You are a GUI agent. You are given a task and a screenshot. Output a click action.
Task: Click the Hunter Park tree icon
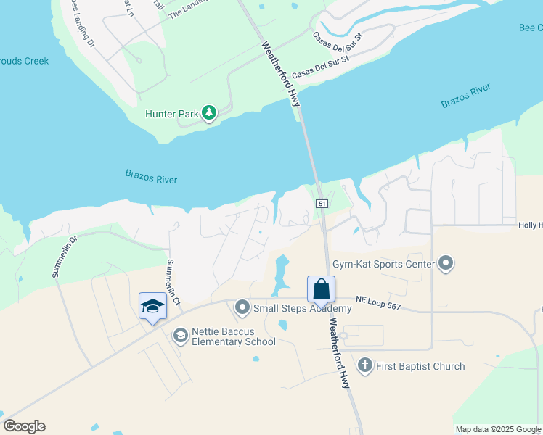click(x=209, y=113)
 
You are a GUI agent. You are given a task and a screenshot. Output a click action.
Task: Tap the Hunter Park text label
click(x=172, y=114)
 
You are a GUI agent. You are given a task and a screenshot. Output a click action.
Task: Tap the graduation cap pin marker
click(x=152, y=307)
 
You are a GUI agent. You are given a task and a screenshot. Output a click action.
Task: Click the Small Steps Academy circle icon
click(x=242, y=308)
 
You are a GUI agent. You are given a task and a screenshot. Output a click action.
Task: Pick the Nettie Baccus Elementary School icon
click(x=180, y=335)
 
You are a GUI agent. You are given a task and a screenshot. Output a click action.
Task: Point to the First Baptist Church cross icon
click(x=364, y=365)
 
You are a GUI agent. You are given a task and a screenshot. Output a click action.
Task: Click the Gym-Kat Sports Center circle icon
click(x=446, y=264)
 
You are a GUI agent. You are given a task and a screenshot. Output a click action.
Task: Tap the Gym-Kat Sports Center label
click(x=383, y=265)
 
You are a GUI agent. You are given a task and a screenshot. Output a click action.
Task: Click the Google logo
click(x=24, y=426)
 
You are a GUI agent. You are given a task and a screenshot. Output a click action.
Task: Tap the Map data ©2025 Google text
click(x=498, y=429)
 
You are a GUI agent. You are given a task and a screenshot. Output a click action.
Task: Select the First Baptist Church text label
click(x=420, y=366)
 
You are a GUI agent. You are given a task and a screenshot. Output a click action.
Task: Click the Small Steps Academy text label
click(x=302, y=308)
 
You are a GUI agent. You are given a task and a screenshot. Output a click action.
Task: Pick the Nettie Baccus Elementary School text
click(x=233, y=337)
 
